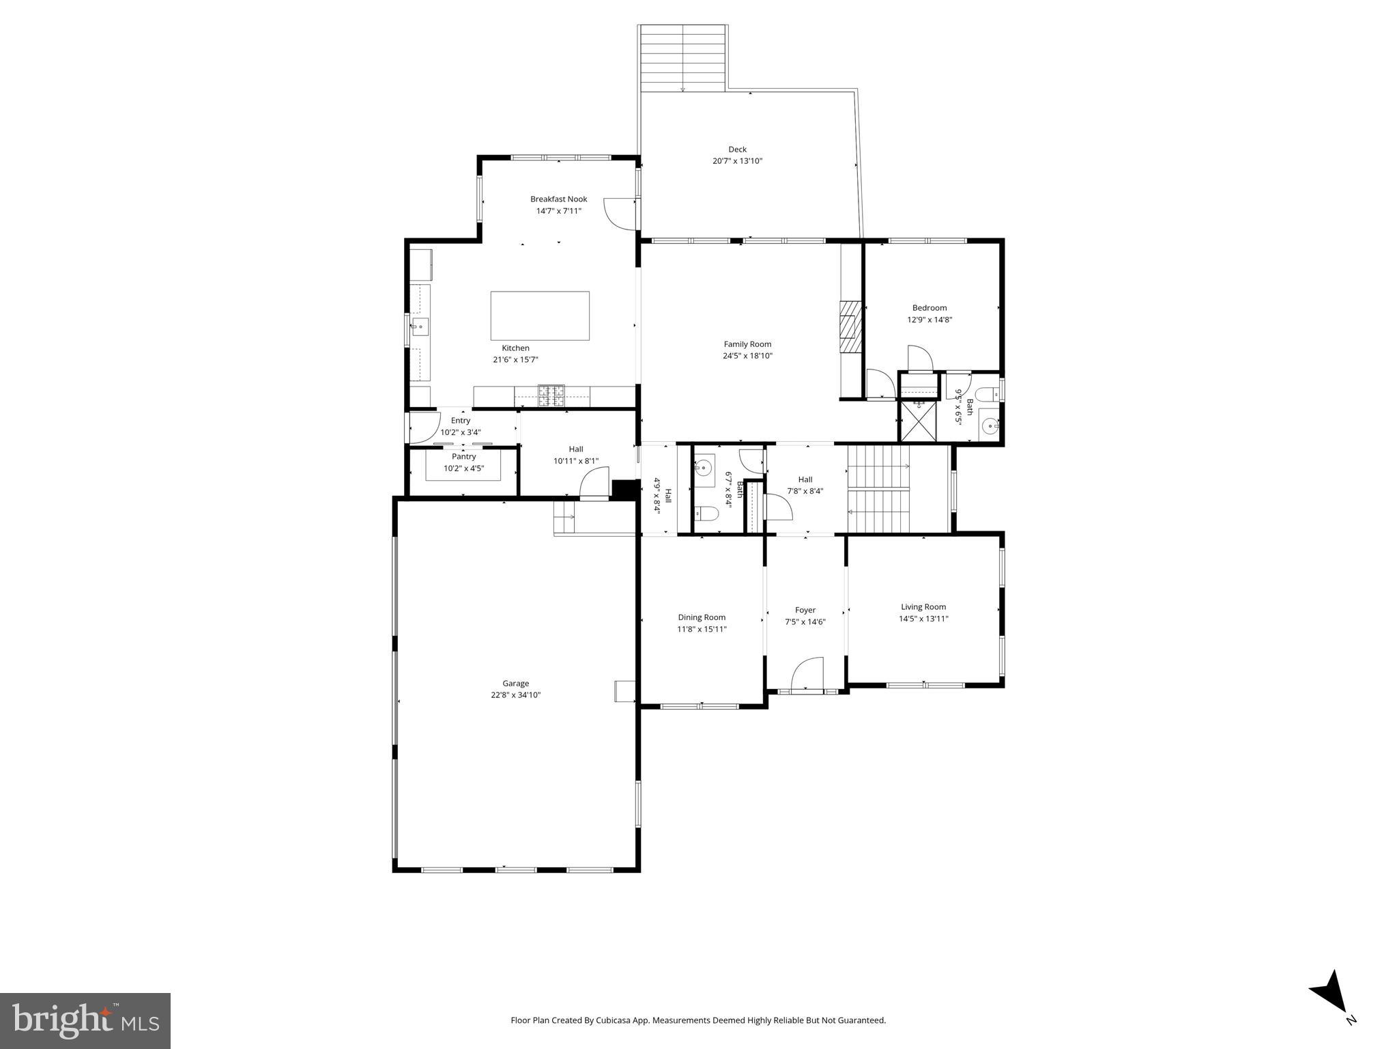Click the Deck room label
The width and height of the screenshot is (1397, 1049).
[x=737, y=149]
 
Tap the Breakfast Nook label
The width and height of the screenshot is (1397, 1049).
[x=558, y=199]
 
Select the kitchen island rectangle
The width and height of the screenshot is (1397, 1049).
[x=540, y=316]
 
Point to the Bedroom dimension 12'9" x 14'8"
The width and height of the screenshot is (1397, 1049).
[x=929, y=320]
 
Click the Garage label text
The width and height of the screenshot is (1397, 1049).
[x=515, y=683]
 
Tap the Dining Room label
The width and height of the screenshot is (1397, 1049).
[x=701, y=617]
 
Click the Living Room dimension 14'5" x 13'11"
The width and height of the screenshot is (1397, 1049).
[x=923, y=619]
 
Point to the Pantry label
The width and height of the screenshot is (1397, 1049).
[x=463, y=457]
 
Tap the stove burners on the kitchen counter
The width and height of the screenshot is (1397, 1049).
[x=551, y=395]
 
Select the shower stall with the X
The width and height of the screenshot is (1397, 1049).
[x=917, y=421]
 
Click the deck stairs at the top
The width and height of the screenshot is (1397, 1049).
[x=682, y=58]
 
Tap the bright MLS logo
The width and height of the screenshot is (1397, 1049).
[x=85, y=1020]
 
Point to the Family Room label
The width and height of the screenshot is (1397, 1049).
[x=747, y=344]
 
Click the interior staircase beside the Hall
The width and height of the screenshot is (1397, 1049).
[x=879, y=488]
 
